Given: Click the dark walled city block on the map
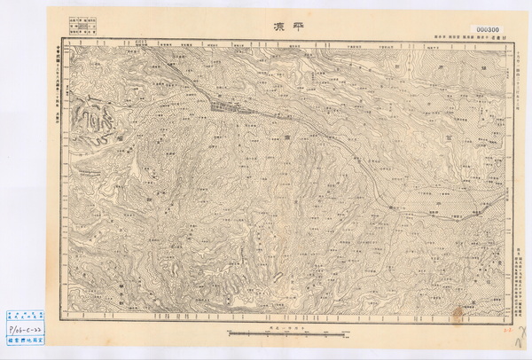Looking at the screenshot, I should (x=230, y=106).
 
